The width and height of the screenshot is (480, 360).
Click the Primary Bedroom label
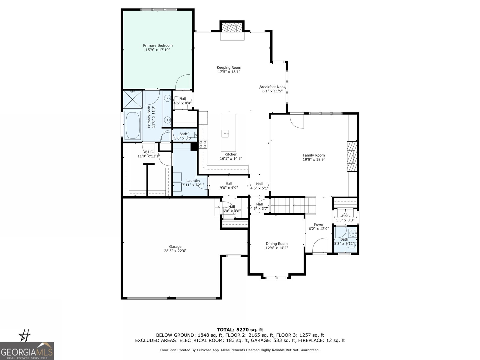[x=158, y=46]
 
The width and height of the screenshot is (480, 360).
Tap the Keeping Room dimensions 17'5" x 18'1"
[x=229, y=72]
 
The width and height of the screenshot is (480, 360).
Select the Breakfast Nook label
[x=272, y=87]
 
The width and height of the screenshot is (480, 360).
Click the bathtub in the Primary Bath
[x=133, y=125]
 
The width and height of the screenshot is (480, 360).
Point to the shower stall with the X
[x=133, y=100]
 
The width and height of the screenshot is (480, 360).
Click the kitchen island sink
[x=225, y=133]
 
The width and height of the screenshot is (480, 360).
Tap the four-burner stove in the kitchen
[x=203, y=144]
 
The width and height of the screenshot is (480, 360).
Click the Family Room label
[x=314, y=155]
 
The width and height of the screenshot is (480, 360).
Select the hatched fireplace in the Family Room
[x=352, y=156]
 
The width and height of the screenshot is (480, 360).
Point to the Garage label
[x=175, y=247]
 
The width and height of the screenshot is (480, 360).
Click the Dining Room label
[x=277, y=244]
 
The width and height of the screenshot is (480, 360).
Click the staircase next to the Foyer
[x=293, y=205]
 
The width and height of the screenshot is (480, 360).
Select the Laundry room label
[x=193, y=181]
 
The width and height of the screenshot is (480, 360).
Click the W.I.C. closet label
[x=149, y=152]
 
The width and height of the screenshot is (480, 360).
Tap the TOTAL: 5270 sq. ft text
[x=240, y=330]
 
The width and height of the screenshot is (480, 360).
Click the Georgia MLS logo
[x=27, y=351]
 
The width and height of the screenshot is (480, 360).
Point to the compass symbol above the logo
[x=25, y=335]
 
